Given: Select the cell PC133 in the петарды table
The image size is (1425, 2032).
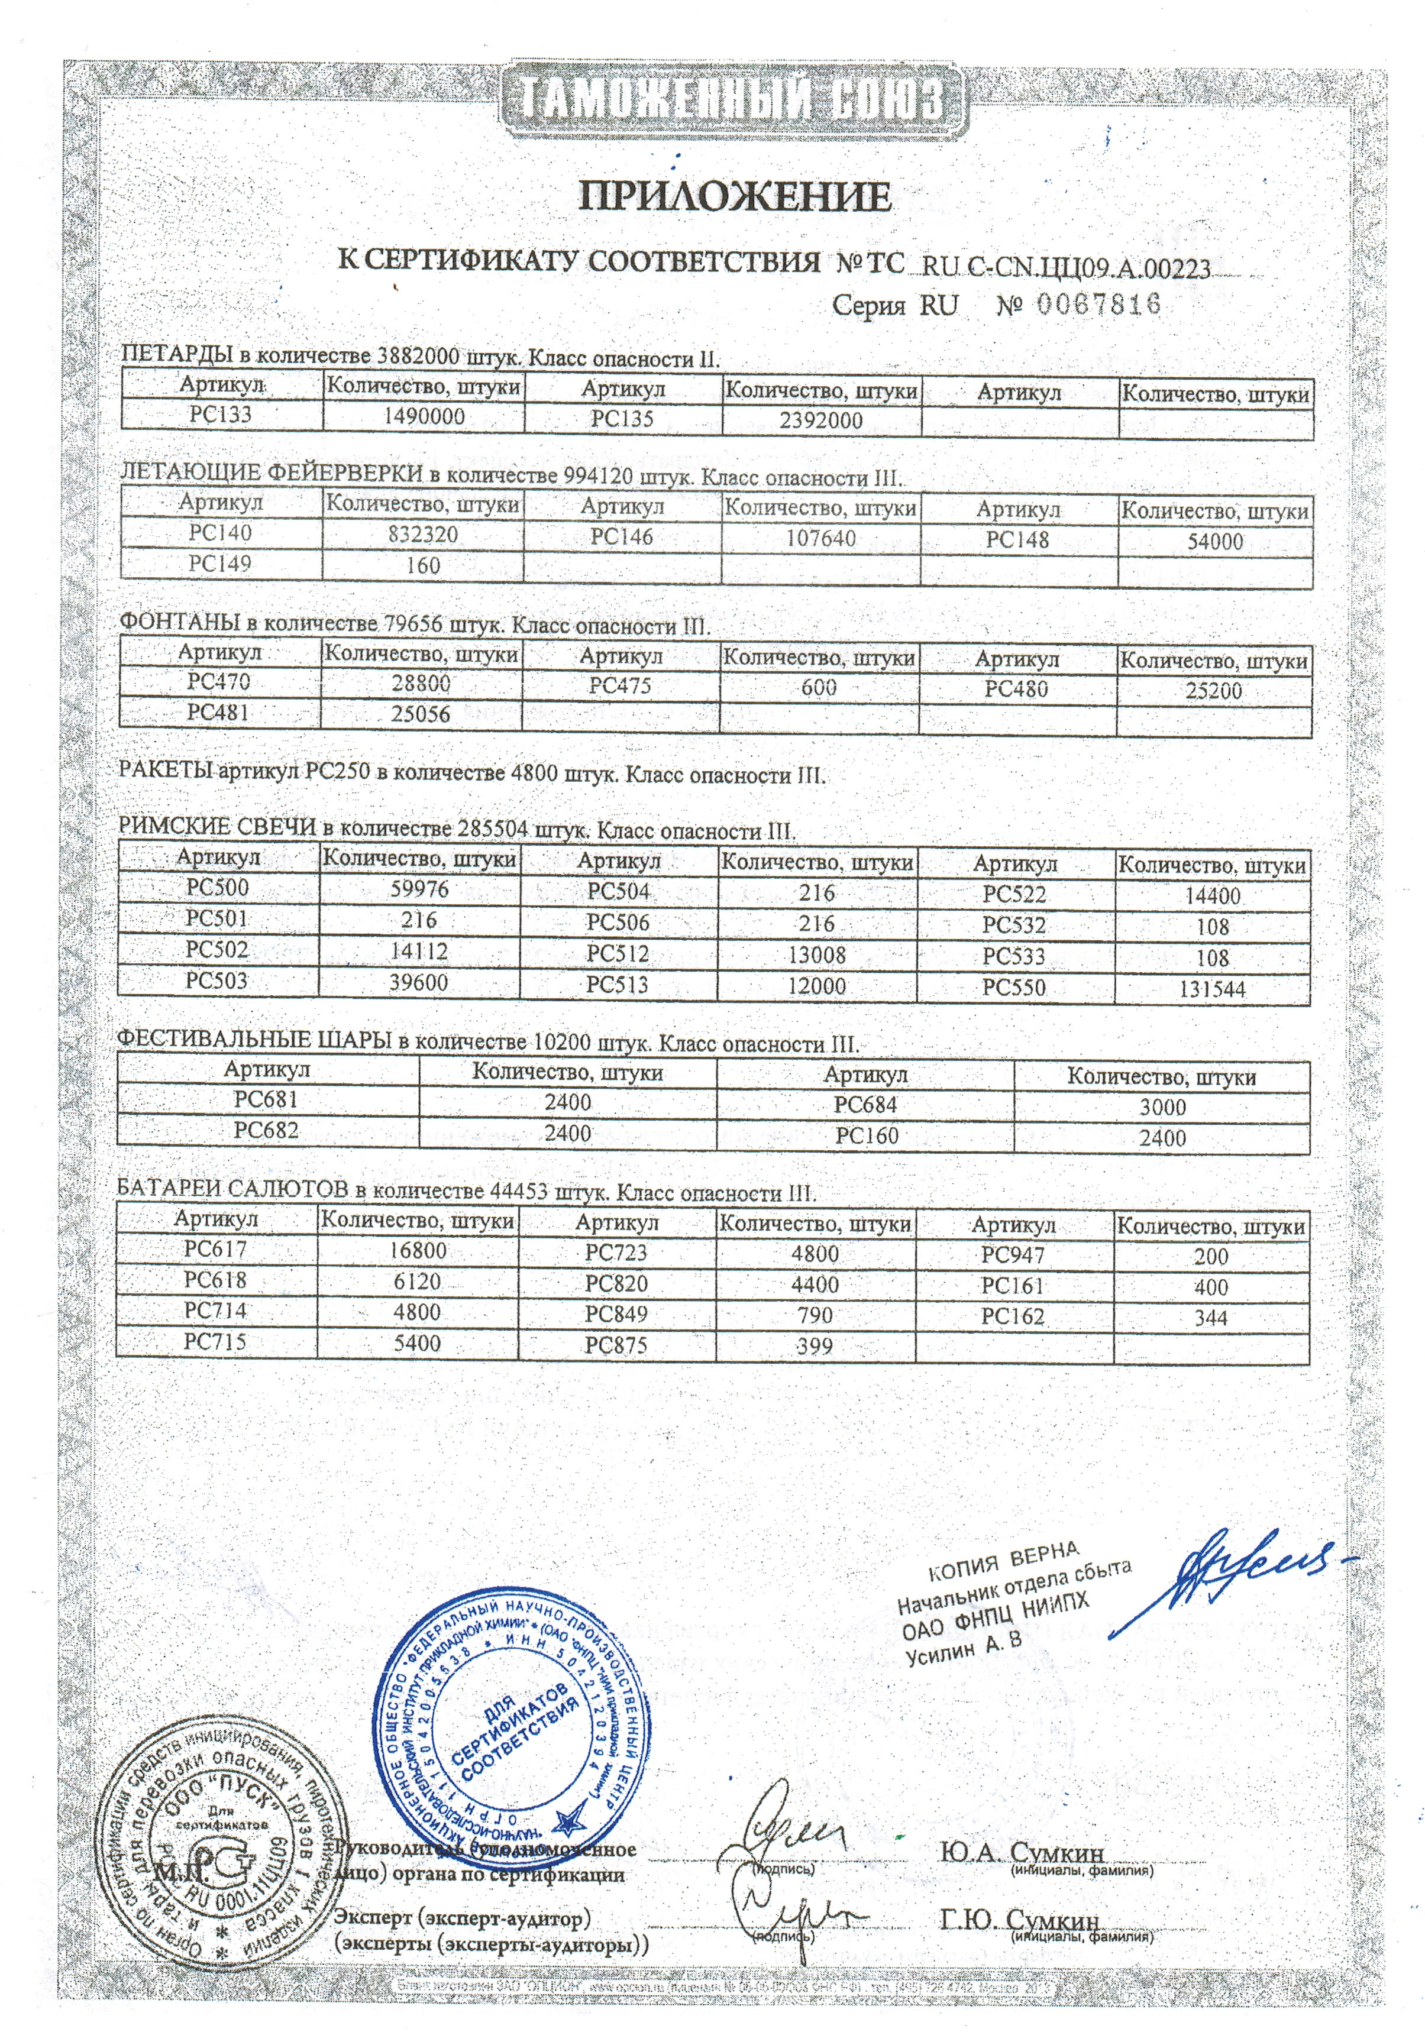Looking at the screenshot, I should tap(221, 414).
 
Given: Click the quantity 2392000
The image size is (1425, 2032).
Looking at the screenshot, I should tap(820, 419).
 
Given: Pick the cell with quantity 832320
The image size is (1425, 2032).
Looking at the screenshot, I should tap(423, 535).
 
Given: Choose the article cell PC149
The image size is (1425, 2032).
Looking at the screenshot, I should tap(221, 564).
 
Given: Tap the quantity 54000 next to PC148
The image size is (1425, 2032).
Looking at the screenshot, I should tap(1214, 542).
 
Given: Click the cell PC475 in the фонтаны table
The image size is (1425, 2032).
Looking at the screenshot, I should tap(619, 686).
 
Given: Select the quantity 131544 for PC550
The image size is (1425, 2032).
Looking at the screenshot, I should tap(1211, 989).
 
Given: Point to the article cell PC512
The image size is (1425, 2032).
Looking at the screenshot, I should tap(618, 954).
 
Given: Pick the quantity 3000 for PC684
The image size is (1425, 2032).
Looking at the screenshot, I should tap(1162, 1107).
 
